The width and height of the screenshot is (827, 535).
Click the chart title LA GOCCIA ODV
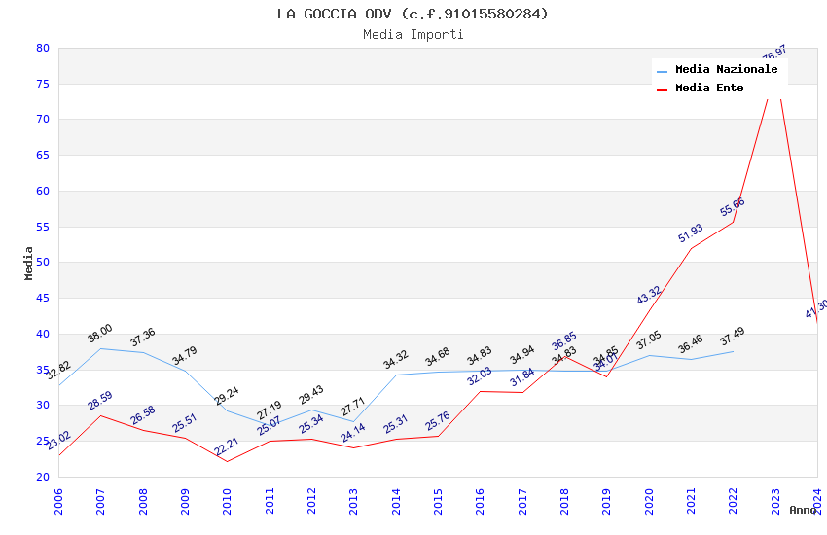coord(413,14)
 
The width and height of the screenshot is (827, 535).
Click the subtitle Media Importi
coord(413,35)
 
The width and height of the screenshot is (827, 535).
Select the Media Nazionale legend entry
coord(726,70)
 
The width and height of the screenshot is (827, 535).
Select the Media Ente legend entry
coord(708,89)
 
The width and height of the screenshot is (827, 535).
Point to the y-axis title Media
coord(29,263)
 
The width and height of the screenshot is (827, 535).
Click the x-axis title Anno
coord(803,510)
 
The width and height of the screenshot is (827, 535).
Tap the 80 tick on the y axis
coord(43,48)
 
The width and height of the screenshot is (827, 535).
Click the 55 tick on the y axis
coord(43,227)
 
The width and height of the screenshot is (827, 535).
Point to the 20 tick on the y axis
coord(43,477)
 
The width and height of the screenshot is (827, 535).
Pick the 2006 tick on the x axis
coord(58,501)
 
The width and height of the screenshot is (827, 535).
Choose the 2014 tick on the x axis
coord(396,501)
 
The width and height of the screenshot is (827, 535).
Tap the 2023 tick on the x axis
coord(775,501)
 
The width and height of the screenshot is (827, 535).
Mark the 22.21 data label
coord(227,446)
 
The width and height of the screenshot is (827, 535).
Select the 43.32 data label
coord(649,295)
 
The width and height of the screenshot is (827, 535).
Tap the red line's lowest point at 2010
coord(227,461)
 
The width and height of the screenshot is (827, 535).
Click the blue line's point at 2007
coord(100,348)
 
